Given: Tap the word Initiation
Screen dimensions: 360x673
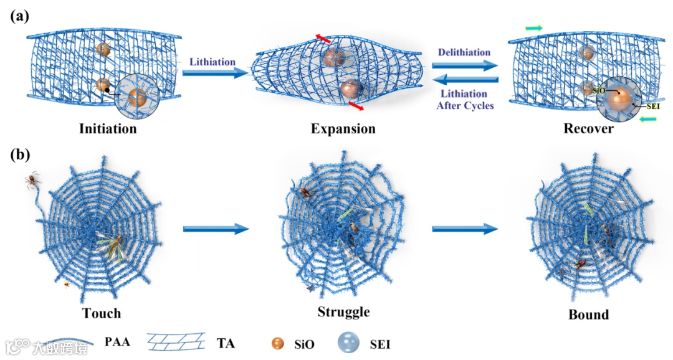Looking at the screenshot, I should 108,130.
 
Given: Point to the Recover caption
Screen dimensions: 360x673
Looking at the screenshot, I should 589,130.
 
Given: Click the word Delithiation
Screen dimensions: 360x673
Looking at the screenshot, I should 464,53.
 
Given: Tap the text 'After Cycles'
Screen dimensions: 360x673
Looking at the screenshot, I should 464,105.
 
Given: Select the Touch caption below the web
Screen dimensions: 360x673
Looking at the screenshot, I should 101,312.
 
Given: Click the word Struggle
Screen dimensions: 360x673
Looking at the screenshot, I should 343,311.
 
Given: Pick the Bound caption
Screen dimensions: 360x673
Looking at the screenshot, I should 588,315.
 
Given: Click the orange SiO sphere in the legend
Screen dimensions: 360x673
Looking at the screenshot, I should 278,343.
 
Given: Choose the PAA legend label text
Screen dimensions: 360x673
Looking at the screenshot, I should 118,342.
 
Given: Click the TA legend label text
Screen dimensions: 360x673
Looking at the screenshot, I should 226,342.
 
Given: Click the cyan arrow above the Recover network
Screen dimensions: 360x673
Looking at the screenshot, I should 533,28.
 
